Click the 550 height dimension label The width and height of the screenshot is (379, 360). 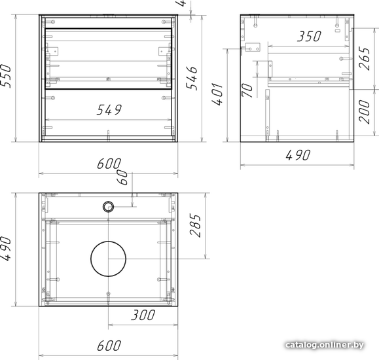pyautogui.click(x=5, y=76)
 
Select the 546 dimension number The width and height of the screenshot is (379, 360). pyautogui.click(x=192, y=78)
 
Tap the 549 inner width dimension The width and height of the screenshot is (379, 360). pyautogui.click(x=109, y=110)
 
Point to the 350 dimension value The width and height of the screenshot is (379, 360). pyautogui.click(x=309, y=36)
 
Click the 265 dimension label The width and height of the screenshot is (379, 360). pyautogui.click(x=365, y=58)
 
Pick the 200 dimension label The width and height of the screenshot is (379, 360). pyautogui.click(x=365, y=112)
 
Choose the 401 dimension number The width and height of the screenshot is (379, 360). pyautogui.click(x=217, y=94)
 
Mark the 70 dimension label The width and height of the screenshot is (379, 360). pyautogui.click(x=247, y=90)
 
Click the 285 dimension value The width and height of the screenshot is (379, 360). pyautogui.click(x=196, y=225)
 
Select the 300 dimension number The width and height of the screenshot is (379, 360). pyautogui.click(x=143, y=315)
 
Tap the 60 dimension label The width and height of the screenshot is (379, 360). pyautogui.click(x=123, y=177)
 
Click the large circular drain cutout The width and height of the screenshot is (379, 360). pyautogui.click(x=108, y=259)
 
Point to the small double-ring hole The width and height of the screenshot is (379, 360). pyautogui.click(x=108, y=207)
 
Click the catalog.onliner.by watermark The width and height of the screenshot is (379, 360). pyautogui.click(x=325, y=345)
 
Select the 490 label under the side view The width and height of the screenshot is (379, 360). pyautogui.click(x=298, y=155)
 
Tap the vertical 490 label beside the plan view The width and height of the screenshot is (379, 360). pyautogui.click(x=5, y=249)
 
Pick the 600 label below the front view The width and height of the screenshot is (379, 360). pyautogui.click(x=109, y=164)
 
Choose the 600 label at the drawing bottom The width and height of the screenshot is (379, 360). pyautogui.click(x=109, y=346)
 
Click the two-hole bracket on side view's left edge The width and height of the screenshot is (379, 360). pyautogui.click(x=253, y=47)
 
